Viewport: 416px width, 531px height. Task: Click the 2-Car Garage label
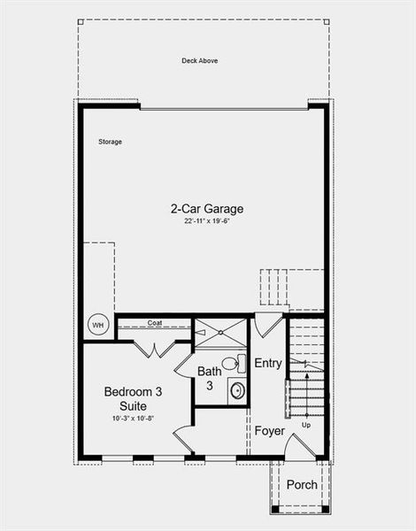click(x=206, y=209)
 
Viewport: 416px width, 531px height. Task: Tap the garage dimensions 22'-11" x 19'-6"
click(x=206, y=223)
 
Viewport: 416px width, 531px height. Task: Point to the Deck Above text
click(x=199, y=61)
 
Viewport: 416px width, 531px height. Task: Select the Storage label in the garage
click(x=110, y=142)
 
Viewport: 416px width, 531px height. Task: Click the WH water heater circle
click(x=97, y=325)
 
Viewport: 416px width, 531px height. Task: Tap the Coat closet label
click(x=154, y=322)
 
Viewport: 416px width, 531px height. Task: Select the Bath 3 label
click(x=210, y=378)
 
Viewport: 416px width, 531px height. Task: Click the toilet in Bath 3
click(x=231, y=363)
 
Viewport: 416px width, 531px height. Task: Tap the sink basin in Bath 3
click(x=236, y=389)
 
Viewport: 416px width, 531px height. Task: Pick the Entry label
click(x=267, y=364)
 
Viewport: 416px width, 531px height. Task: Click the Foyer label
click(x=269, y=431)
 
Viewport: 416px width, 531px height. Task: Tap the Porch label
click(x=301, y=484)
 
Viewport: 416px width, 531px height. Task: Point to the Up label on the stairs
click(x=306, y=426)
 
